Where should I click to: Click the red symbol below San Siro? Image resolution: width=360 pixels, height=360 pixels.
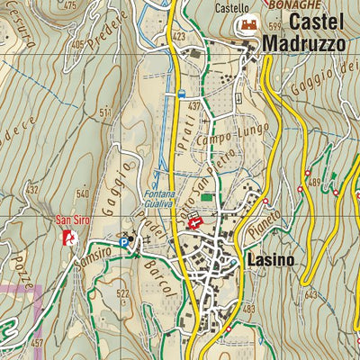(x=68, y=237)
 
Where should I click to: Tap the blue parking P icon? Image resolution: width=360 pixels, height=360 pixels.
(x=123, y=240)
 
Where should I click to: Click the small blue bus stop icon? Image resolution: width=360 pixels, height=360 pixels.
(x=182, y=93)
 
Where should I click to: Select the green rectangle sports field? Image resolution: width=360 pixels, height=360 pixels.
(x=208, y=197)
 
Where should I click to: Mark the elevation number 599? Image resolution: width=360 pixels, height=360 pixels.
(x=274, y=27)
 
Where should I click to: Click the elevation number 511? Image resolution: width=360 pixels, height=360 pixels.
(x=106, y=112)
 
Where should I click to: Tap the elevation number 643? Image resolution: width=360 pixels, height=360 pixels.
(x=312, y=294)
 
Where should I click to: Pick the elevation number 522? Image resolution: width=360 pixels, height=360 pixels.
(x=122, y=295)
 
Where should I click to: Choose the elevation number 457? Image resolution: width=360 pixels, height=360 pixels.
(x=36, y=344)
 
